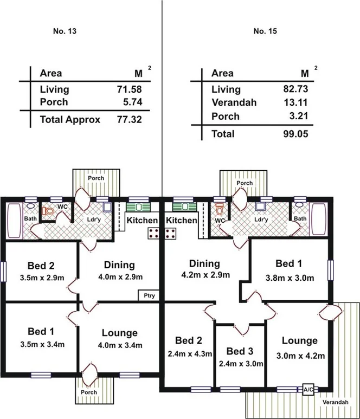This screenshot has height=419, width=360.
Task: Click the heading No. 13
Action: point(65,31)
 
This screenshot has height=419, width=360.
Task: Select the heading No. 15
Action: point(265,31)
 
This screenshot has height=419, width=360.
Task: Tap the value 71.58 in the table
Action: point(130,89)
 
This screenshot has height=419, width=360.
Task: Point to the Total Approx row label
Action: point(70,120)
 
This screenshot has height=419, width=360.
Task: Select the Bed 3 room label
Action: point(240,350)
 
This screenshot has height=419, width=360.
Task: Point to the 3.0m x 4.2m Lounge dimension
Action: point(299,356)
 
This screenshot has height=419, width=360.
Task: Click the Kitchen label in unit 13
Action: point(142,220)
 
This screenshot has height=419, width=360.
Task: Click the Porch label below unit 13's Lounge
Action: point(88,392)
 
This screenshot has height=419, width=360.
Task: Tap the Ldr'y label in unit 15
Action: point(261,220)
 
